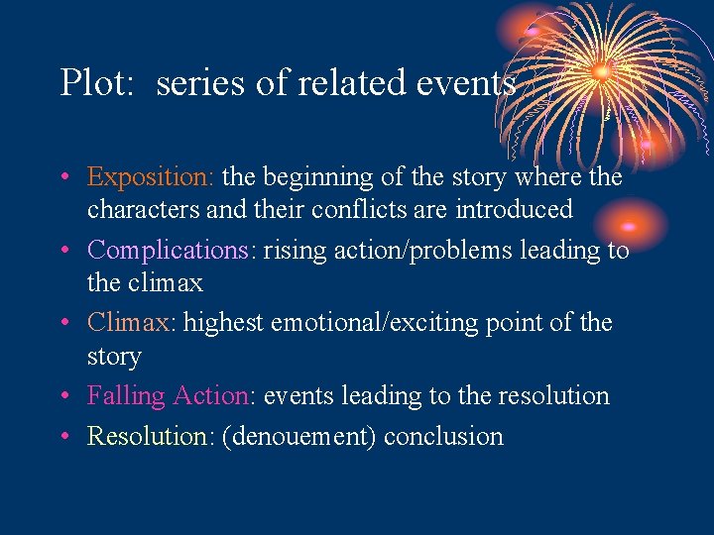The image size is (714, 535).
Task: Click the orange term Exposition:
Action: click(150, 177)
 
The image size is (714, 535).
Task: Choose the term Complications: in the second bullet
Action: click(168, 250)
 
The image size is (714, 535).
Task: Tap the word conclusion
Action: click(443, 436)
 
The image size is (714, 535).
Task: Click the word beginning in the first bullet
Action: click(312, 177)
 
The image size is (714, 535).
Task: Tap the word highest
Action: click(223, 323)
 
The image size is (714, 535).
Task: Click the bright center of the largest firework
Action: click(601, 70)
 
